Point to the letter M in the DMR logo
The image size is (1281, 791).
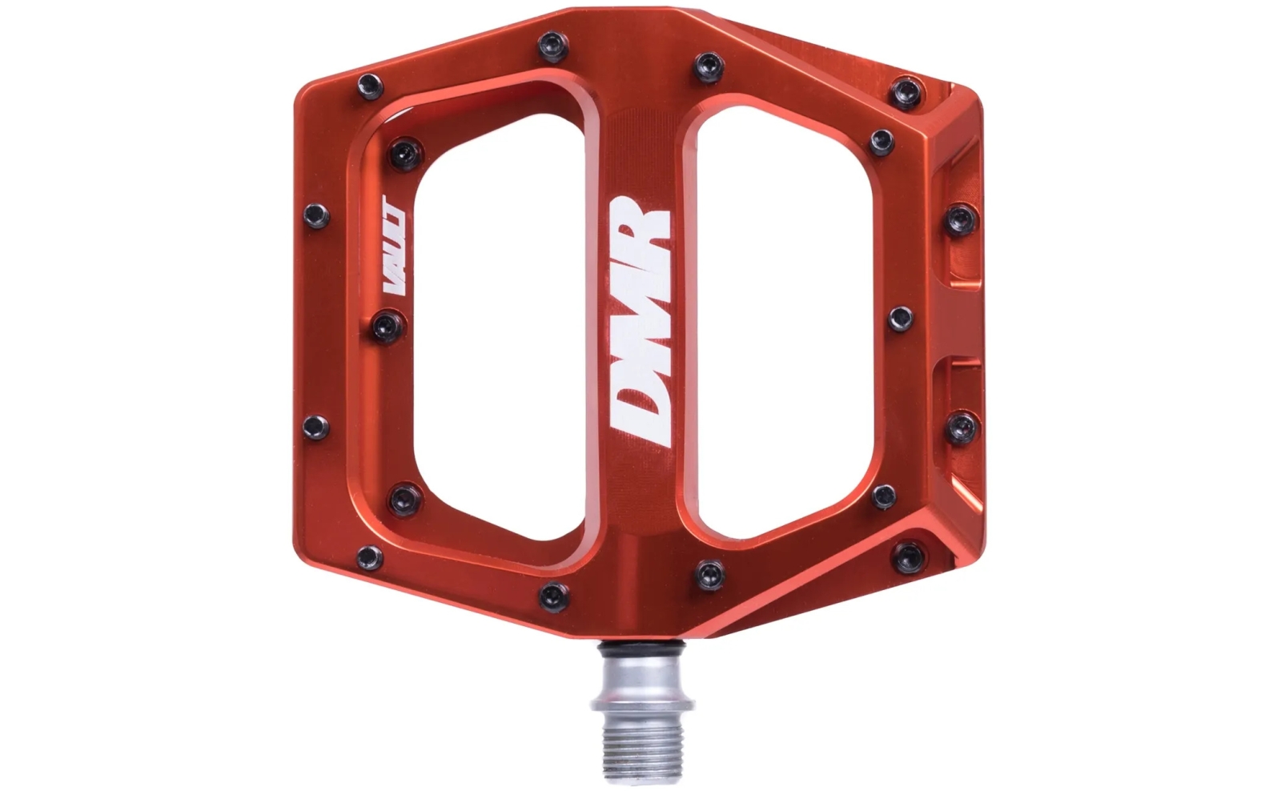[x=640, y=324]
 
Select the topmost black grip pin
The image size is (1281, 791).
[x=552, y=47]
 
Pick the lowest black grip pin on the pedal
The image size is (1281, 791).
[x=553, y=597]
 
